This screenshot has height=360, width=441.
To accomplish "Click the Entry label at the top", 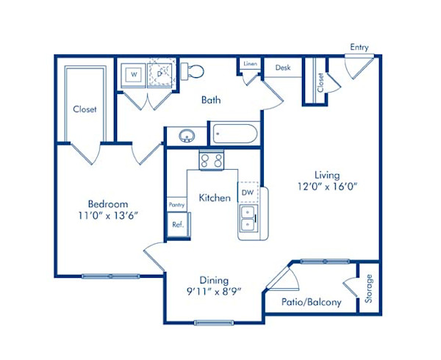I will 359,48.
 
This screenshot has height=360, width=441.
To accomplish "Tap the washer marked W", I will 135,74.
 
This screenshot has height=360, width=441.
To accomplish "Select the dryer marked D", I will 160,73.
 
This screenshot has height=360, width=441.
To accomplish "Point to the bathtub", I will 234,135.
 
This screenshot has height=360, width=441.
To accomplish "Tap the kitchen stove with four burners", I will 211,160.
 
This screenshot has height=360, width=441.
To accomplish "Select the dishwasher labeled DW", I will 247,192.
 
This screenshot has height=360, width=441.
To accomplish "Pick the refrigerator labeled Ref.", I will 177,224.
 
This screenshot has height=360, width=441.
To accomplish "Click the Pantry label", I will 176,205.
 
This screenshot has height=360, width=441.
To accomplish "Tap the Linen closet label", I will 250,64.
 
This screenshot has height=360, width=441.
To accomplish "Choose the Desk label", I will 283,68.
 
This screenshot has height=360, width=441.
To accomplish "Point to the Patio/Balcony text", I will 312,302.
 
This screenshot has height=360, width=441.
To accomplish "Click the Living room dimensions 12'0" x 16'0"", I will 327,187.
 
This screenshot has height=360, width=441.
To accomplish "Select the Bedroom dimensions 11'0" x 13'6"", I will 108,215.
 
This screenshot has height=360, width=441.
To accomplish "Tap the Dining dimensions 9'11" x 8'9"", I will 214,292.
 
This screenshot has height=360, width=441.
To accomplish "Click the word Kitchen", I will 215,198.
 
